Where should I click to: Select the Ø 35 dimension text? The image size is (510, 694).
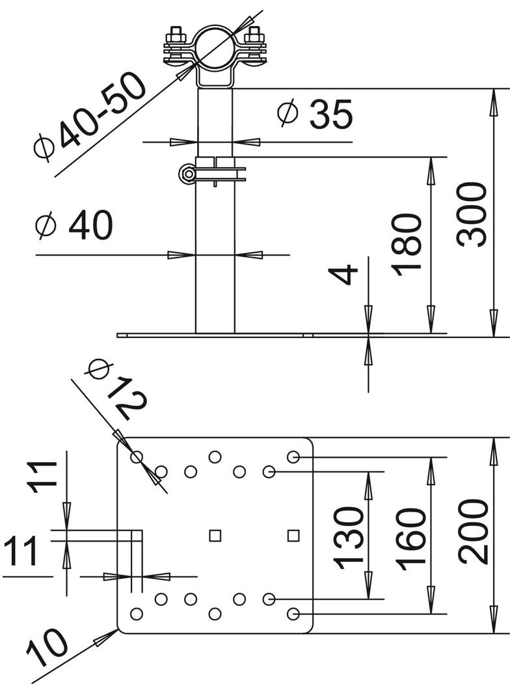point(315,115)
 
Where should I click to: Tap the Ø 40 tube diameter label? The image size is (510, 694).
point(75,226)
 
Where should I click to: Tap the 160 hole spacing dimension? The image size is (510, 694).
point(411,539)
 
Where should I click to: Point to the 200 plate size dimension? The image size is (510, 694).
point(473,531)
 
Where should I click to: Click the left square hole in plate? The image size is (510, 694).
point(215,535)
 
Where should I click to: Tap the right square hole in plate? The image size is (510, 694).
point(293,535)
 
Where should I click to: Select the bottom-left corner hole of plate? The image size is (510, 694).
point(137,613)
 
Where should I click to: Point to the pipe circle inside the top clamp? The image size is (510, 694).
point(215,45)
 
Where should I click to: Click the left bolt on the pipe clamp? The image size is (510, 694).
point(175,46)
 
